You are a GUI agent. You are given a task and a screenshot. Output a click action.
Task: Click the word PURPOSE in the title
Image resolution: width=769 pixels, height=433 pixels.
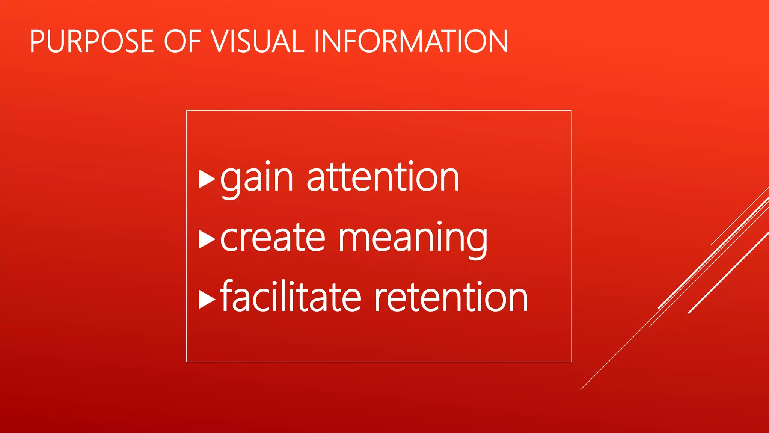92,41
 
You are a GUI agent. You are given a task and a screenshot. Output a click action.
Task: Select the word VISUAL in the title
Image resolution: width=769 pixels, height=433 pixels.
258,41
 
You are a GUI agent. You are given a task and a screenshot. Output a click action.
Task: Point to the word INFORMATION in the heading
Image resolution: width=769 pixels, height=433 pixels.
410,41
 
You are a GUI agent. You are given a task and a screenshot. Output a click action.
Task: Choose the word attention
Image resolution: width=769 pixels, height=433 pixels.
383,177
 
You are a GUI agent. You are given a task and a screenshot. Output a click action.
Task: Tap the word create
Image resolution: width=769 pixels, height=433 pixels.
273,238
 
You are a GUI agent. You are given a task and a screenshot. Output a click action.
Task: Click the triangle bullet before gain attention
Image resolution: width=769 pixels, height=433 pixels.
207,179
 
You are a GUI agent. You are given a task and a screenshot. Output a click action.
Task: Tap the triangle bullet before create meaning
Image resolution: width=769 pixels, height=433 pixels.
207,239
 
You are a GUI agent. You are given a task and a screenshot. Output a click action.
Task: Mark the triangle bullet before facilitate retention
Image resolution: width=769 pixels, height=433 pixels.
207,299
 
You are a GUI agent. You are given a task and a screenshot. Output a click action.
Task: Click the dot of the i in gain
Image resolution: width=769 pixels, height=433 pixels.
267,163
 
